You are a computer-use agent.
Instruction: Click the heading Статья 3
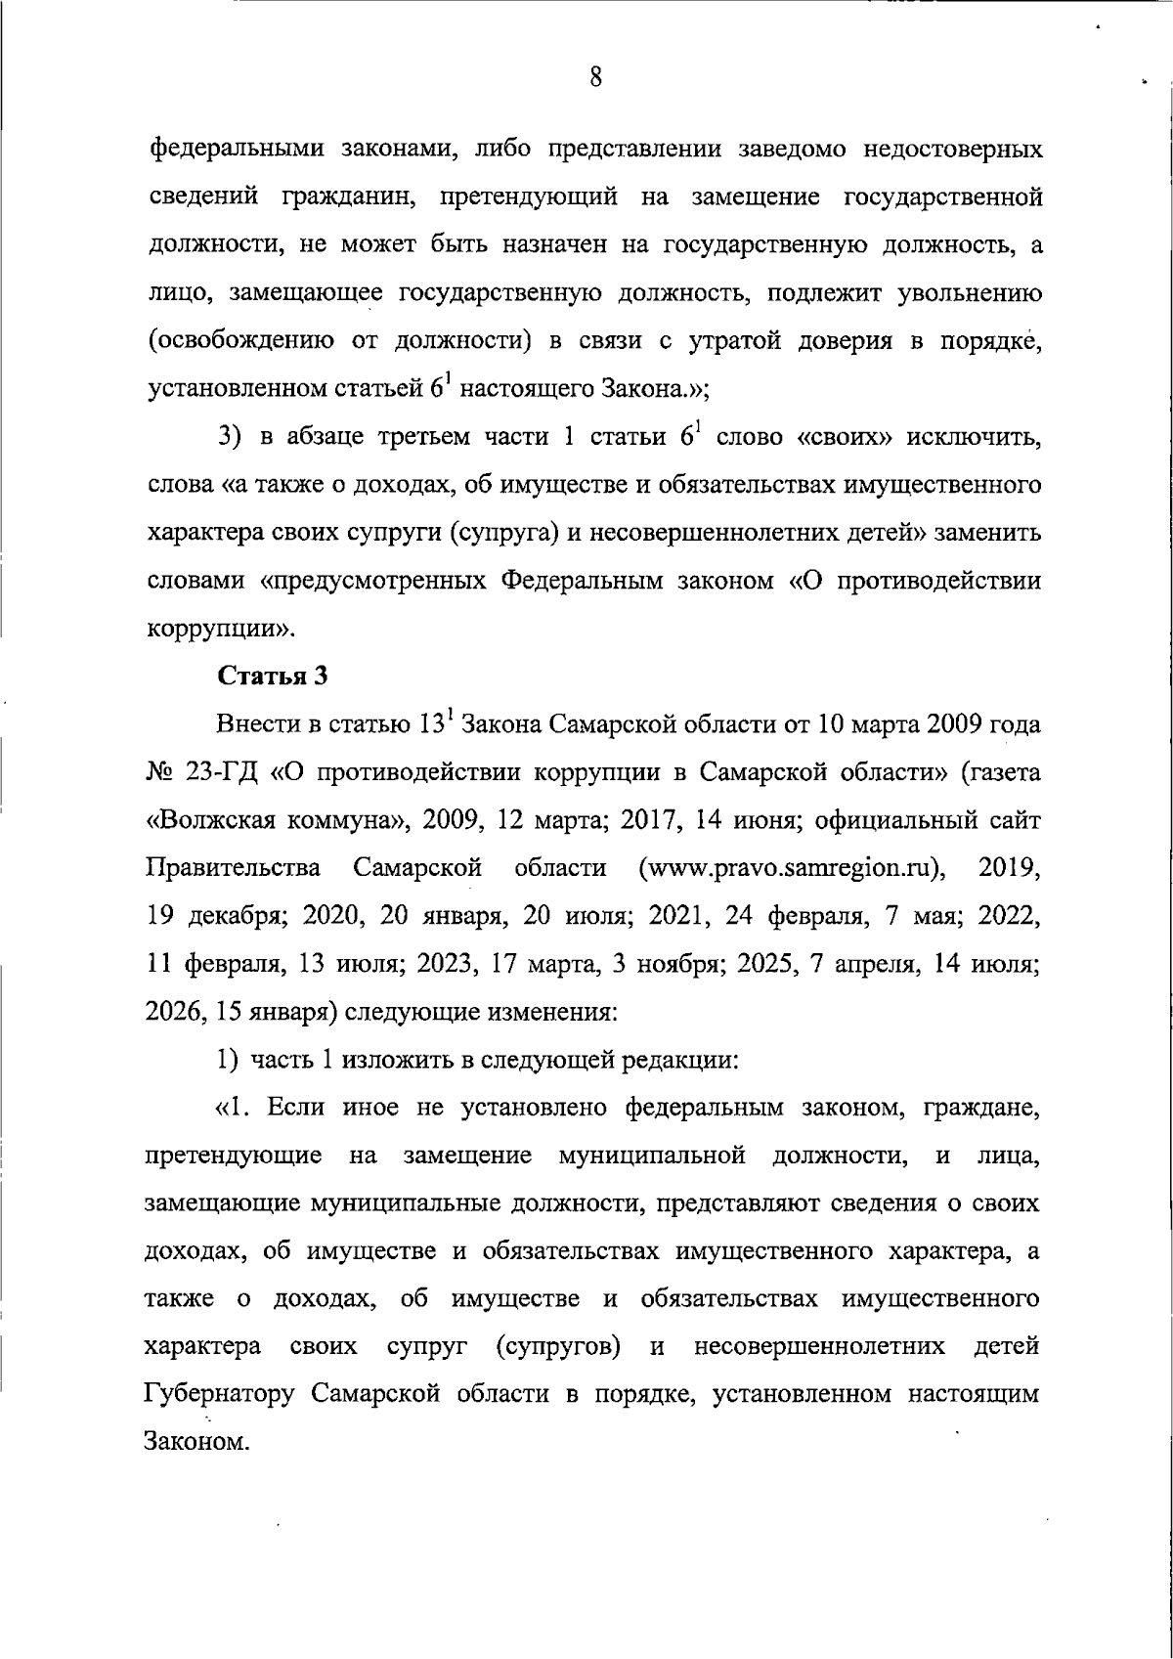[x=271, y=676]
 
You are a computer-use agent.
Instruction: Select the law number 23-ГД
[x=220, y=771]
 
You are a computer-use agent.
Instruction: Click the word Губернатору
[x=219, y=1393]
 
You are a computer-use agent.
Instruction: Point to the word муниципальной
[x=652, y=1156]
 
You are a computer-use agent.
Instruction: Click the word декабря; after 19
[x=236, y=916]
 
